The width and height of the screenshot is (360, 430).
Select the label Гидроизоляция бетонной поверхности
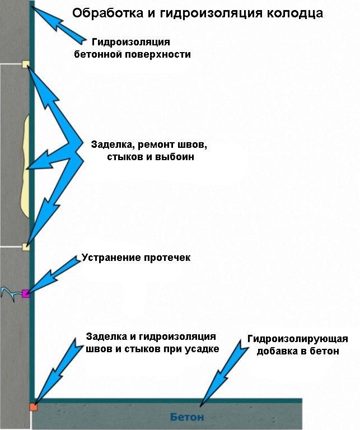coord(132,48)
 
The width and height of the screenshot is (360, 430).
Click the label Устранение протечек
coord(136,258)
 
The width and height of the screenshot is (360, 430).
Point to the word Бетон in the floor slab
coord(187,417)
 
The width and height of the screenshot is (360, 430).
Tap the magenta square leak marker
coord(25,293)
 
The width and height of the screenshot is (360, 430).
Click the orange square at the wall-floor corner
coord(33,407)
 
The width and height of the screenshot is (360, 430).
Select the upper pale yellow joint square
coord(25,64)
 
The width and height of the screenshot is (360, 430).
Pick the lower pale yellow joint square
coord(25,246)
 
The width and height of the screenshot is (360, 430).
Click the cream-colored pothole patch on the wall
coord(24,168)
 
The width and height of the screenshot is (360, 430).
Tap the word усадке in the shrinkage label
coord(199,349)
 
